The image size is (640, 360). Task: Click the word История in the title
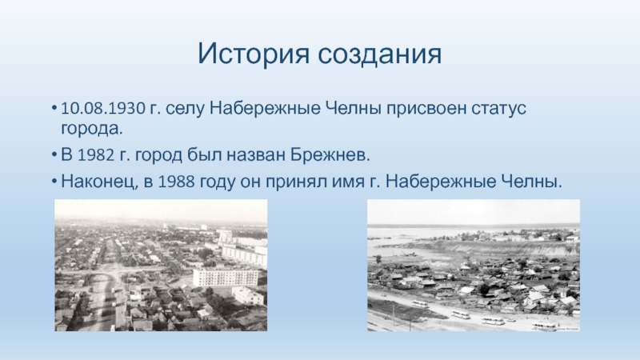click(x=254, y=54)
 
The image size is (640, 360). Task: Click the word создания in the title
click(x=379, y=54)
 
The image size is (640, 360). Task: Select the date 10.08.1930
click(x=103, y=109)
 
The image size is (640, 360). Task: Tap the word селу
click(x=184, y=110)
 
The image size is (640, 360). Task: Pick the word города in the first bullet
click(x=92, y=129)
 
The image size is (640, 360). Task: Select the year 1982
click(x=95, y=155)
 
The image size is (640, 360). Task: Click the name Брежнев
click(x=330, y=155)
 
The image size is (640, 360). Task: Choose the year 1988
click(x=176, y=182)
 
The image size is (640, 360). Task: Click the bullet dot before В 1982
click(x=54, y=156)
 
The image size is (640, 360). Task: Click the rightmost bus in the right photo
click(x=544, y=326)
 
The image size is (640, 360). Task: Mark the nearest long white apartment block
click(x=226, y=277)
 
